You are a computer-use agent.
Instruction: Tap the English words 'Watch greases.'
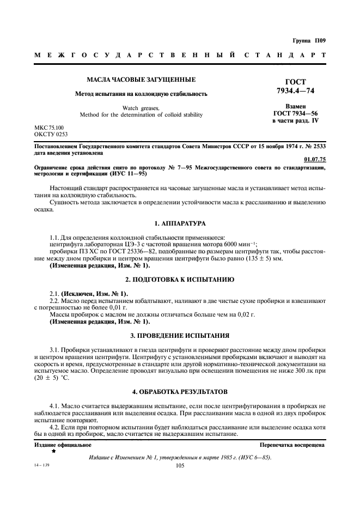pos(141,108)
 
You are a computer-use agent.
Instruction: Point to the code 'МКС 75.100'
pos(49,127)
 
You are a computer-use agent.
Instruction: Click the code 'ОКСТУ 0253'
pos(51,133)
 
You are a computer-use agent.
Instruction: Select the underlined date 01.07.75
pos(314,159)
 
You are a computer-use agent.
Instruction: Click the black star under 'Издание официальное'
pos(53,452)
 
